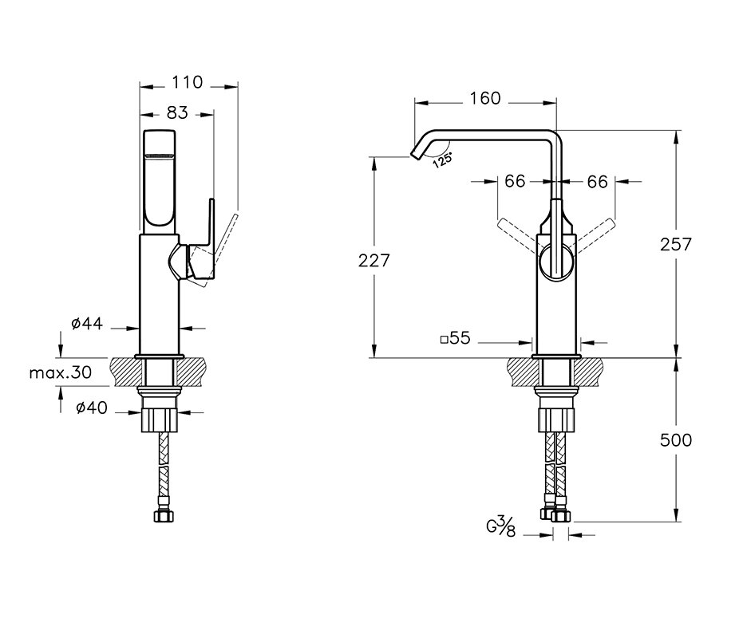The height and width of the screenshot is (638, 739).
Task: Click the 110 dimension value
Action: point(187,82)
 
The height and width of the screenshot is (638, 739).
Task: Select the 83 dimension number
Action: point(177,113)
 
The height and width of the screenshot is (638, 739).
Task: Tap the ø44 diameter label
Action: point(87,324)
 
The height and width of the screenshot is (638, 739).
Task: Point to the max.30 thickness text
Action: point(61,373)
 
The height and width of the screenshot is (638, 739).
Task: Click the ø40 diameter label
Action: point(92,408)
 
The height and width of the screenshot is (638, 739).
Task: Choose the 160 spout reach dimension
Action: point(485,98)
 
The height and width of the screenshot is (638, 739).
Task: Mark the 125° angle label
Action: point(443,160)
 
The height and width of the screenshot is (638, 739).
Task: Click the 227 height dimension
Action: point(373,260)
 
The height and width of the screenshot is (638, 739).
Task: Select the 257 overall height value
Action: point(676,244)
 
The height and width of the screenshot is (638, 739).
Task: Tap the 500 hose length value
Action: point(676,440)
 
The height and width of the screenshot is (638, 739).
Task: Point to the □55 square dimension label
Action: point(455,338)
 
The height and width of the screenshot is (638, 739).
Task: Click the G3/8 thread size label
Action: point(501,526)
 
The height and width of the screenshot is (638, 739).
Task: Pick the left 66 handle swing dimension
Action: point(515,181)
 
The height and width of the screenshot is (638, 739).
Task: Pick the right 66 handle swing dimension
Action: point(597,182)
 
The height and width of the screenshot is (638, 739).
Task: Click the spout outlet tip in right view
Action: point(415,155)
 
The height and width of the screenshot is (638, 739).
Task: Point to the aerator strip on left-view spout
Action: point(160,156)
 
